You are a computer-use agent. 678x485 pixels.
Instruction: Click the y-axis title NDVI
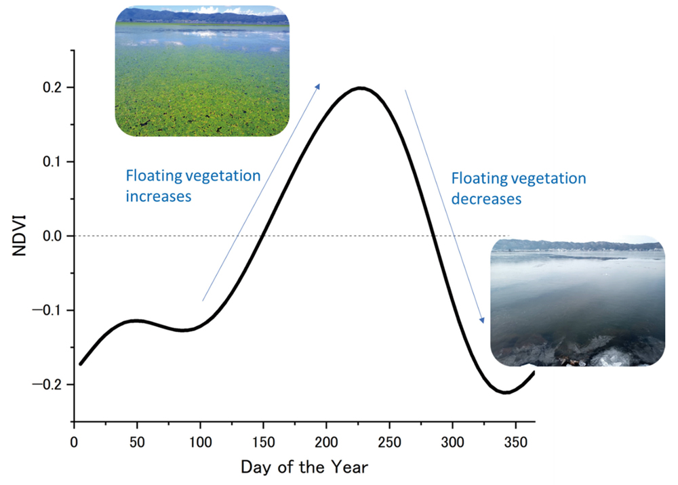pos(20,236)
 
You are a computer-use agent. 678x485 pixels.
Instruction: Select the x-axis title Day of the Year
pos(304,467)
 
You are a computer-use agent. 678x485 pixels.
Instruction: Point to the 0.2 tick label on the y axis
pos(52,87)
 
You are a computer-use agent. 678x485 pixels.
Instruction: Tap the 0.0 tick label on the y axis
pos(52,236)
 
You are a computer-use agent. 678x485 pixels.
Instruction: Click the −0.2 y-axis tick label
pos(47,384)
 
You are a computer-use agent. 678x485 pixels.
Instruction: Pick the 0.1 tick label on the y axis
pos(52,161)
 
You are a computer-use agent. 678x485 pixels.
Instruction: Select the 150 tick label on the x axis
pos(263,442)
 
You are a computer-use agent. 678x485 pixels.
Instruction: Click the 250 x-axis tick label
pos(390,442)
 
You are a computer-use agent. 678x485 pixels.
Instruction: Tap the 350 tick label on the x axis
pos(516,442)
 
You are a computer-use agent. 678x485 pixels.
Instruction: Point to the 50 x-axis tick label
pos(137,442)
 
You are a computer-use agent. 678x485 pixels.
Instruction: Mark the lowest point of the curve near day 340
pos(505,392)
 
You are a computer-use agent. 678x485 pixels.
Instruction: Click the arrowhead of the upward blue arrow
pos(317,87)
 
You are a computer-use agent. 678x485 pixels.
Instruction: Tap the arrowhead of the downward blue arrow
pos(481,320)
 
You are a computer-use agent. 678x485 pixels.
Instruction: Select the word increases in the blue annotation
pos(158,196)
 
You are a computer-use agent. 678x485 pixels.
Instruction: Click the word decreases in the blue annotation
pos(486,199)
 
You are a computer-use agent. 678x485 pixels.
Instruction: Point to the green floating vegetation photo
pos(202,71)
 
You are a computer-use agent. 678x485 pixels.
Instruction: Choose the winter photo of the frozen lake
pos(578,301)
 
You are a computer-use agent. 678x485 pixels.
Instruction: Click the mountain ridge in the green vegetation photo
pos(202,16)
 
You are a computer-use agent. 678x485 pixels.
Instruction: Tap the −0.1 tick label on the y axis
pos(47,310)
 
